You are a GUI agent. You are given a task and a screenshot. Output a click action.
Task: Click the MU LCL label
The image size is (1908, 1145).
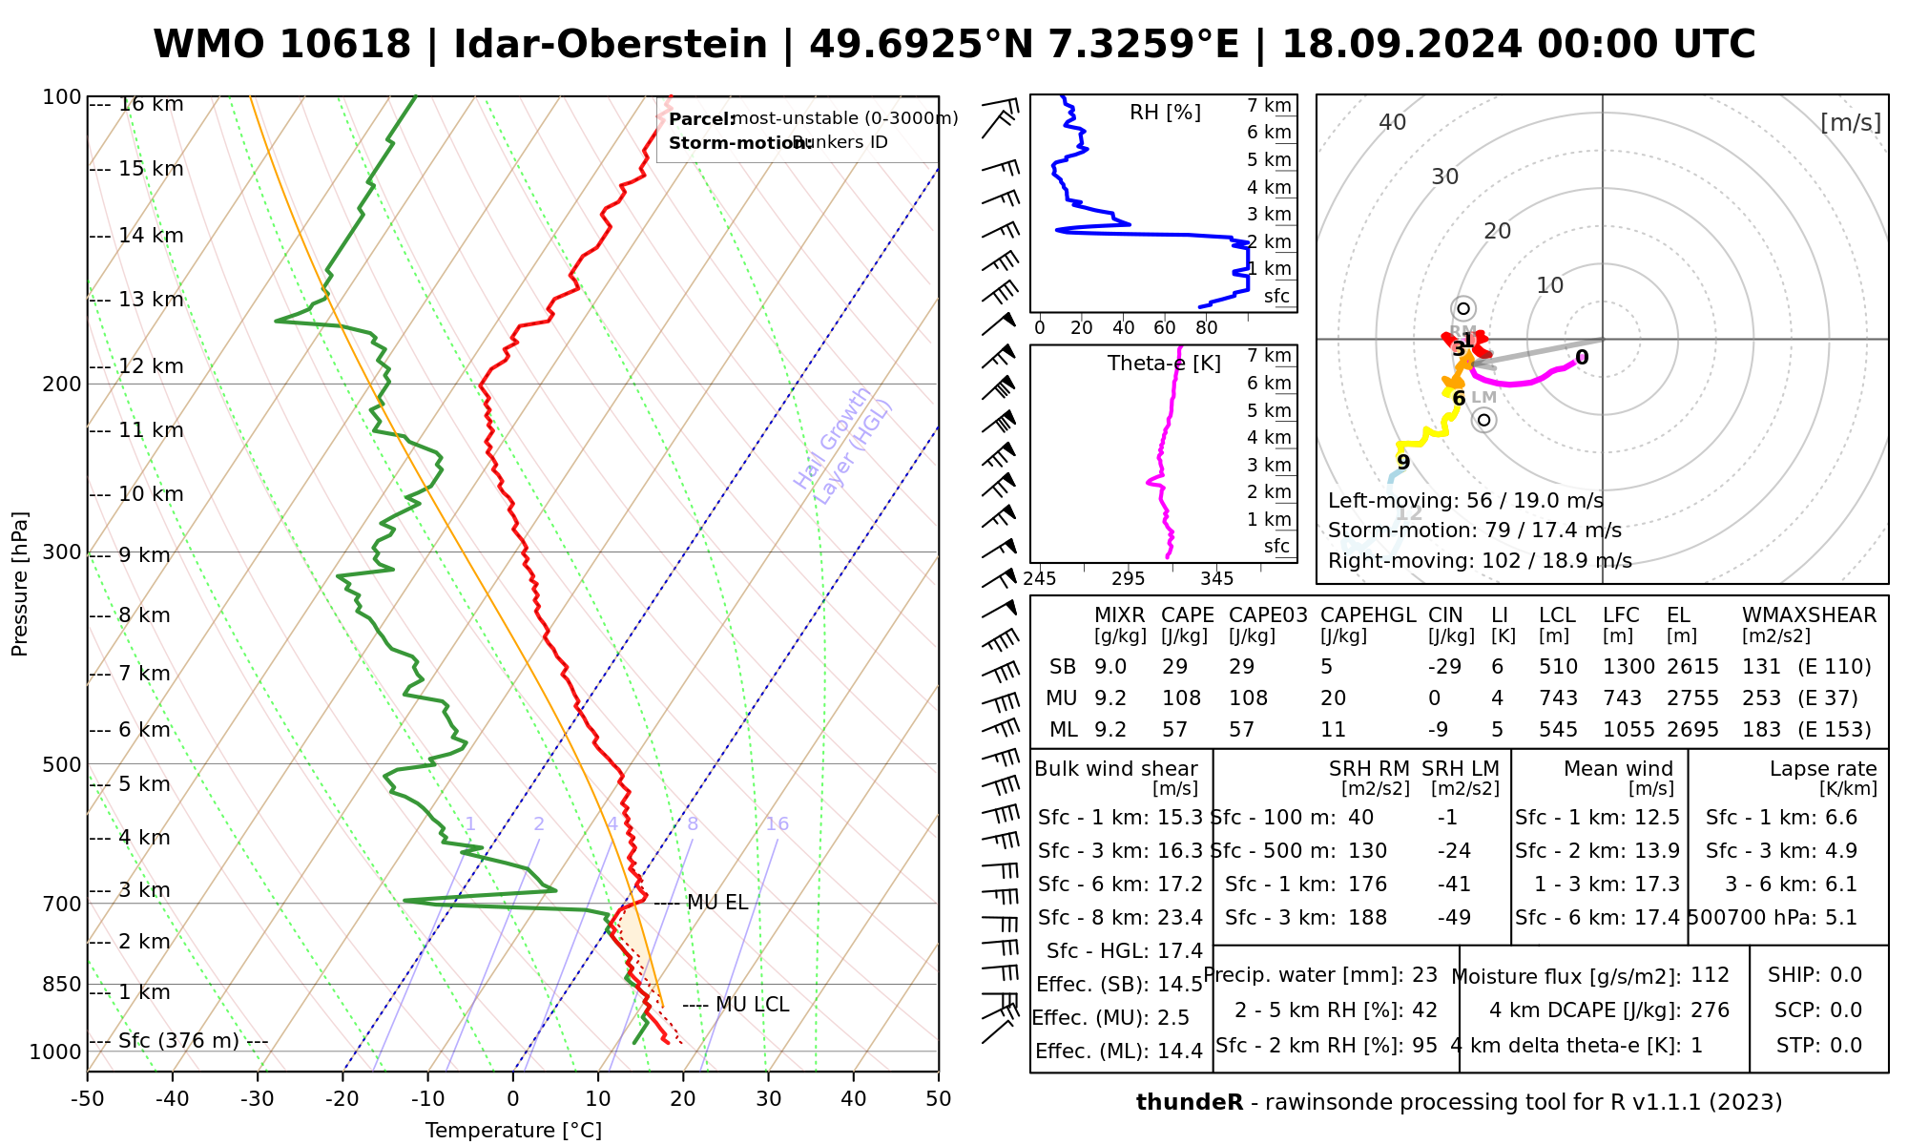point(752,1005)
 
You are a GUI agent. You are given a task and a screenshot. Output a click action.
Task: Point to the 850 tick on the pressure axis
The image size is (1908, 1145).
point(63,984)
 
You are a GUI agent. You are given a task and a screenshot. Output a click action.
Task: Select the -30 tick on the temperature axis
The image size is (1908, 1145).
point(258,1099)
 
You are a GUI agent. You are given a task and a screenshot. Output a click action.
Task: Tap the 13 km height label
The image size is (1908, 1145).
point(151,300)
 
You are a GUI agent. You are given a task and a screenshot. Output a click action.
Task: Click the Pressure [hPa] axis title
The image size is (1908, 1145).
point(20,584)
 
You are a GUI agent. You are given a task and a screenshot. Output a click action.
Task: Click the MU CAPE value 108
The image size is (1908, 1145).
point(1181,698)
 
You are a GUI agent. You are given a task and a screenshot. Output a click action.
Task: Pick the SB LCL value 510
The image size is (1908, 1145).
point(1558,667)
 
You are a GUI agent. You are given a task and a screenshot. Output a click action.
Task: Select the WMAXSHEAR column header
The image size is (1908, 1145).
point(1809,615)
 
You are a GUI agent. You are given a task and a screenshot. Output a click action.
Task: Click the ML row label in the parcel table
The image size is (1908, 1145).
point(1063,730)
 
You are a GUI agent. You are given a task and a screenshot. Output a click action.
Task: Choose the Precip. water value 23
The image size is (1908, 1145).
point(1424,975)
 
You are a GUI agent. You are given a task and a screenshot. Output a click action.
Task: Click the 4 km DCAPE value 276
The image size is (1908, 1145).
point(1710,1010)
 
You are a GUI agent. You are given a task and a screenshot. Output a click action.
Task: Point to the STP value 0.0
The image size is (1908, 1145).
point(1846,1046)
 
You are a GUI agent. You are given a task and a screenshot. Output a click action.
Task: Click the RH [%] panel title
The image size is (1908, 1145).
point(1165,113)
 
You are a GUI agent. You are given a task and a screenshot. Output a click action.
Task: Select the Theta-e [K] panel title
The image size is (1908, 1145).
point(1164,364)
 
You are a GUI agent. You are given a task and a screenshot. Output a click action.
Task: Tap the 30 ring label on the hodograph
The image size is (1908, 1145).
point(1445,177)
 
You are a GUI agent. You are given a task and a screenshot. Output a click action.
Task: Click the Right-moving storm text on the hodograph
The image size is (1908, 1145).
point(1480,561)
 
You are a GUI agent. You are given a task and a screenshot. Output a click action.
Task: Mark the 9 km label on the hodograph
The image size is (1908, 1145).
point(1403,462)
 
